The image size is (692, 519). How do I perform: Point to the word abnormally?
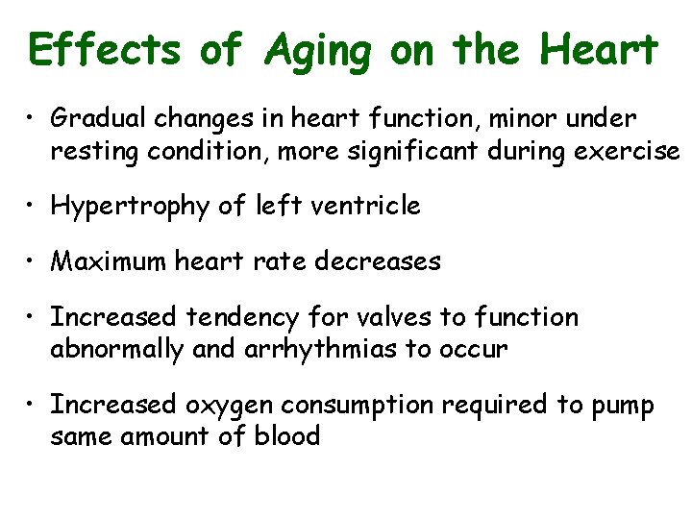pyautogui.click(x=116, y=349)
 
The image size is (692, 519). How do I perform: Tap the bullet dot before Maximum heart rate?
pyautogui.click(x=33, y=261)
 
